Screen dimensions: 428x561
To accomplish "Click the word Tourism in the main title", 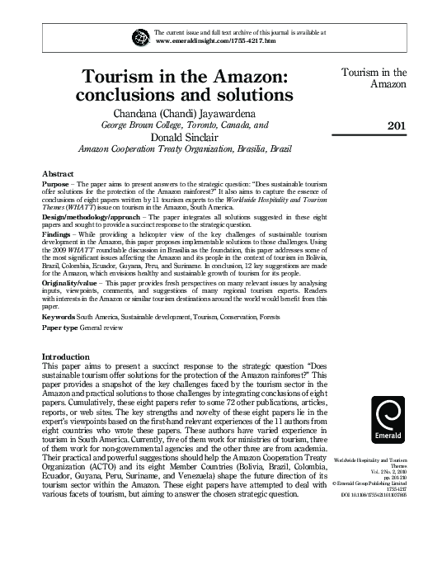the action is coord(130,77).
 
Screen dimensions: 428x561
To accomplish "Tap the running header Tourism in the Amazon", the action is coord(377,78).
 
